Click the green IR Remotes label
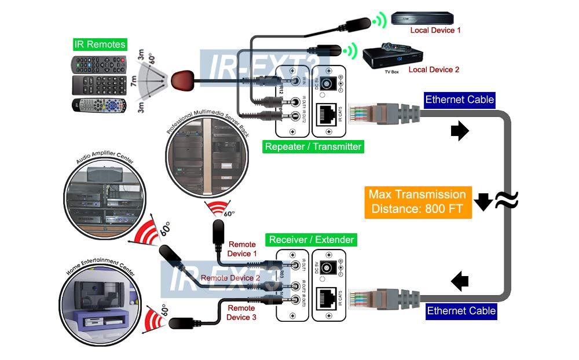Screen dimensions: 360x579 click(100, 45)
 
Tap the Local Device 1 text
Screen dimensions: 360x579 click(435, 30)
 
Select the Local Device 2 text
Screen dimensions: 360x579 click(434, 69)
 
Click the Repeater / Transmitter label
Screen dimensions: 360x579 click(313, 146)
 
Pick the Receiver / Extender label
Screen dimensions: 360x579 click(312, 239)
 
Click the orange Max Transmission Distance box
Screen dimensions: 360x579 click(417, 201)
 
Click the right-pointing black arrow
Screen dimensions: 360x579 click(460, 132)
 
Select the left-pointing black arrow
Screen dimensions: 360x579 click(460, 282)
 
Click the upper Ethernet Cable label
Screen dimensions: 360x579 click(459, 100)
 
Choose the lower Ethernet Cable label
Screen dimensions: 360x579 click(461, 311)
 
